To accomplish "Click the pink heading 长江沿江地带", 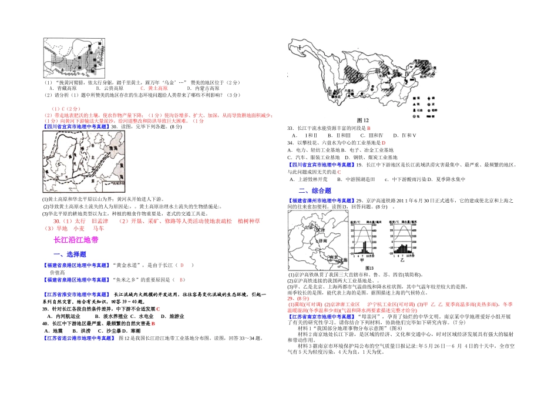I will point(76,240).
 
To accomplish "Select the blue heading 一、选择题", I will point(70,254).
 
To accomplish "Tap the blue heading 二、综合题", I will point(315,190).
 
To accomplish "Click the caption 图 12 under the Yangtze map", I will point(362,120).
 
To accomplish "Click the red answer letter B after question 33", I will point(369,128).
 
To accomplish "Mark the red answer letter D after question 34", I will point(383,142).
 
